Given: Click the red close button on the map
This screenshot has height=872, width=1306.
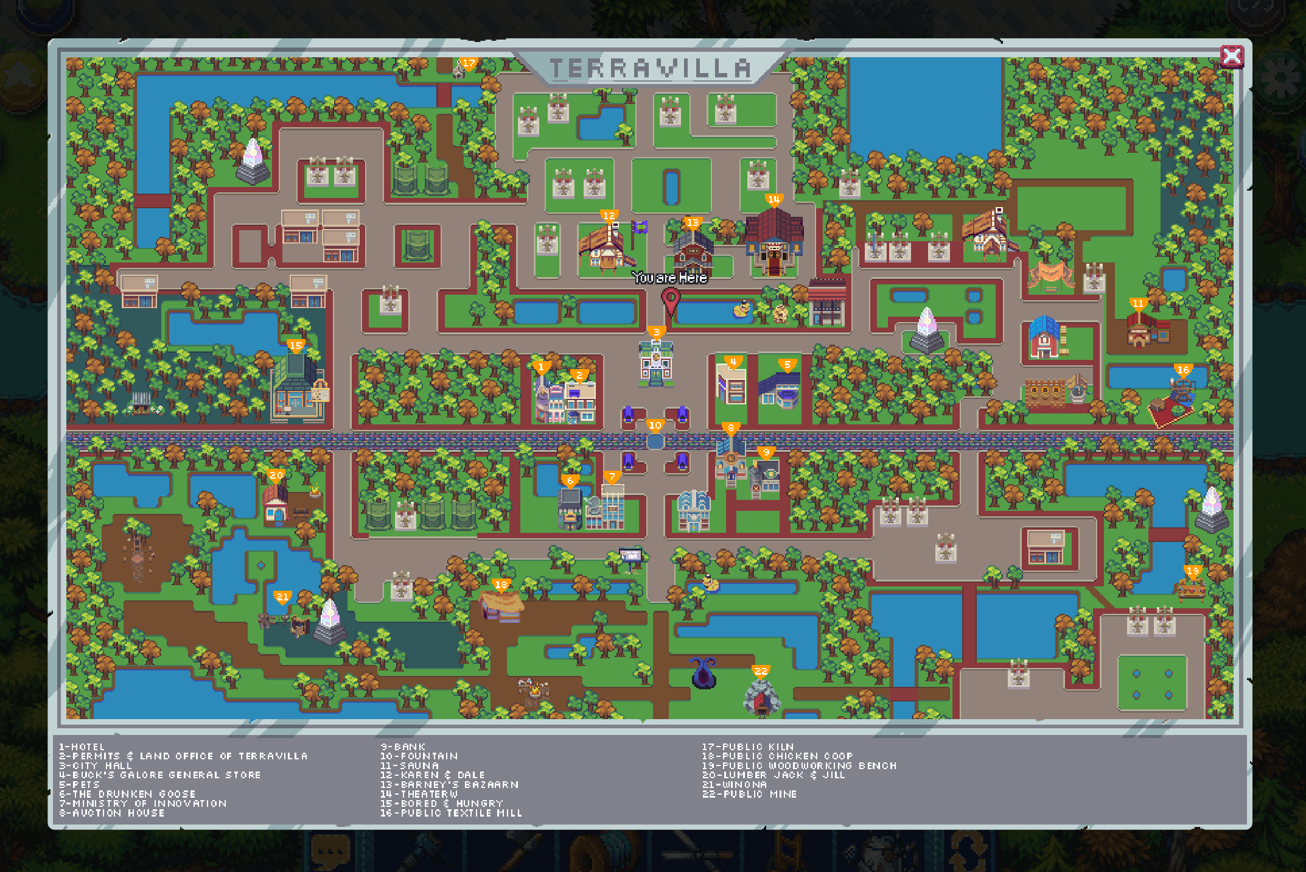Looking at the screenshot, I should [x=1232, y=57].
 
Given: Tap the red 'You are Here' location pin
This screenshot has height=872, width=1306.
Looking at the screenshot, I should [x=670, y=300].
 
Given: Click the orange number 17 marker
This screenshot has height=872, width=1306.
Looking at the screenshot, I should [x=468, y=63].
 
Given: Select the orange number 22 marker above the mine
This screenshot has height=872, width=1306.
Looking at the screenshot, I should [x=761, y=671].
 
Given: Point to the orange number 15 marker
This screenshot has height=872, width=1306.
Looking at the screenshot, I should [x=295, y=346].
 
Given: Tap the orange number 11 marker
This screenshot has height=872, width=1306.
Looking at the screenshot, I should [x=1137, y=304].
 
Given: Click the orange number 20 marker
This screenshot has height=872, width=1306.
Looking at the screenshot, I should [x=276, y=476].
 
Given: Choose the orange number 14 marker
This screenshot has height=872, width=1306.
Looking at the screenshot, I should [x=773, y=200].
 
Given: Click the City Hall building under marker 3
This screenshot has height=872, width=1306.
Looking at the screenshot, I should [x=655, y=364].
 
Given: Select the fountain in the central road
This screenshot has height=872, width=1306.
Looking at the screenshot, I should [x=655, y=441].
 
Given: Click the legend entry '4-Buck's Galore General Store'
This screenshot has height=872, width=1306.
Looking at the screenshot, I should [x=160, y=775].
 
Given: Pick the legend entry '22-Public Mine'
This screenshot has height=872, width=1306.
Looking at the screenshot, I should [x=749, y=794].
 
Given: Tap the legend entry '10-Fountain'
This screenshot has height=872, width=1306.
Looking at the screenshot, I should [x=419, y=756].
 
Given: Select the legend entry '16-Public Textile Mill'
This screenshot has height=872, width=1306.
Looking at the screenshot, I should [x=451, y=813].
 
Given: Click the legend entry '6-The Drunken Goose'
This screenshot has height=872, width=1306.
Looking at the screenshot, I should [x=127, y=794].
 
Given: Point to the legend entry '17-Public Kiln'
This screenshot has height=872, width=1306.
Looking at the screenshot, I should [x=747, y=747].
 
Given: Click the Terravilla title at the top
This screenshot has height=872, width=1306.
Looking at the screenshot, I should [x=650, y=69].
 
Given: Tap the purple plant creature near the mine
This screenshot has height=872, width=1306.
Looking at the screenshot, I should [x=704, y=672].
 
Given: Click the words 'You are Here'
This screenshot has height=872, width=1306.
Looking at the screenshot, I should [x=669, y=278].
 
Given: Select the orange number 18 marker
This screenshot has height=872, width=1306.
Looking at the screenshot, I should [x=500, y=585].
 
